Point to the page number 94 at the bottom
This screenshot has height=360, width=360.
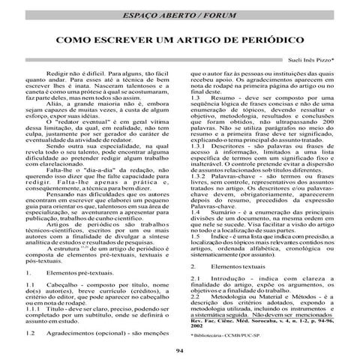click(179, 351)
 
